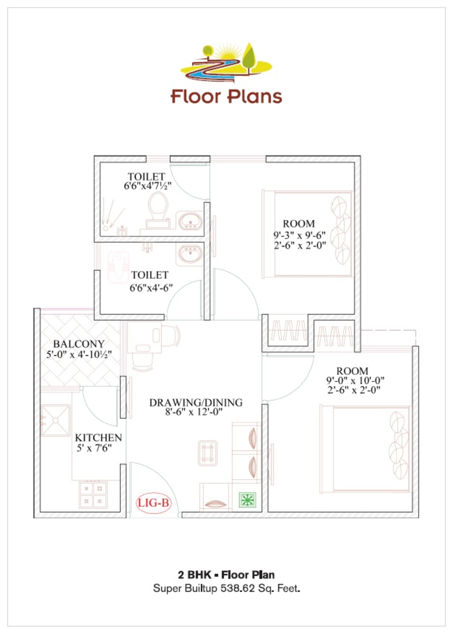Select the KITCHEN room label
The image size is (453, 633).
coord(98,438)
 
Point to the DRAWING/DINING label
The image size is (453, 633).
coord(196,403)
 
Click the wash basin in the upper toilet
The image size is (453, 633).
coord(190,221)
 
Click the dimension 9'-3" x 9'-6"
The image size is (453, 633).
coord(299,235)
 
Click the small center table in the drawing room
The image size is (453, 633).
coord(208,453)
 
